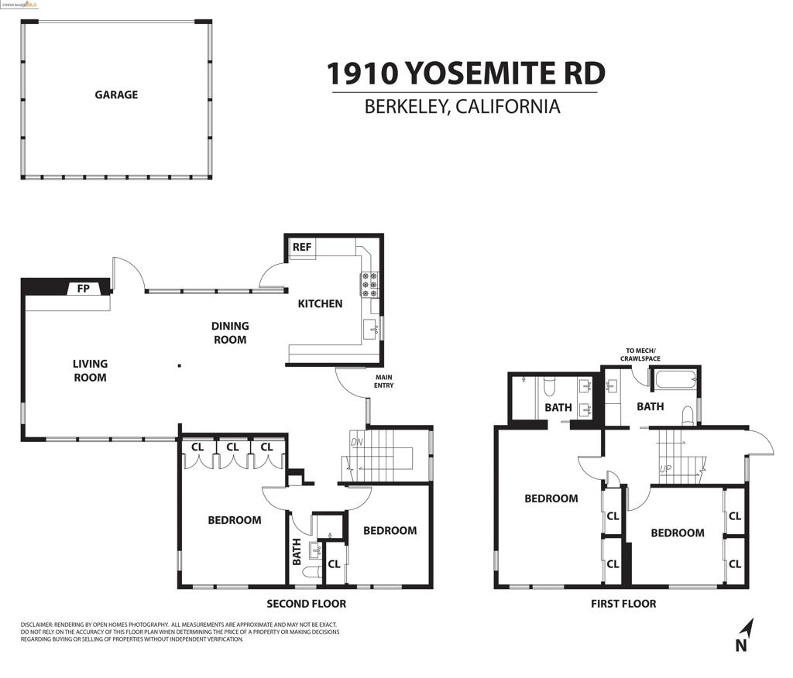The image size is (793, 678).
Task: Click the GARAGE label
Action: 116,94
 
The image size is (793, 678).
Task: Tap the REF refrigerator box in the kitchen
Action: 302,248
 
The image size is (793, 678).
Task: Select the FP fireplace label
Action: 83,289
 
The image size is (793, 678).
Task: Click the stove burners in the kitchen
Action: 369,284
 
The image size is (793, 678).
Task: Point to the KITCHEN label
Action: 320,303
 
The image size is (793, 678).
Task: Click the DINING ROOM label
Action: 230,333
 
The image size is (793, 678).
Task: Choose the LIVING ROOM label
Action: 90,370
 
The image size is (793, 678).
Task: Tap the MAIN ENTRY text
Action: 384,382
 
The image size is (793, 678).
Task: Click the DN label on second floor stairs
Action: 356,442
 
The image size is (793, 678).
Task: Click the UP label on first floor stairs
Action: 665,469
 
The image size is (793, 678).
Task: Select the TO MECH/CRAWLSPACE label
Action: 642,354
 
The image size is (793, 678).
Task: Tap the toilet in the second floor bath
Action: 312,574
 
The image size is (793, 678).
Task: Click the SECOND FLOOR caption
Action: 306,604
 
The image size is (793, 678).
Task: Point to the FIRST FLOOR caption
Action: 623,604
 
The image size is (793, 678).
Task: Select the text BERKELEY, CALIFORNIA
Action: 462,107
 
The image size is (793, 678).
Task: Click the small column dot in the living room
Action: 180,365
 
